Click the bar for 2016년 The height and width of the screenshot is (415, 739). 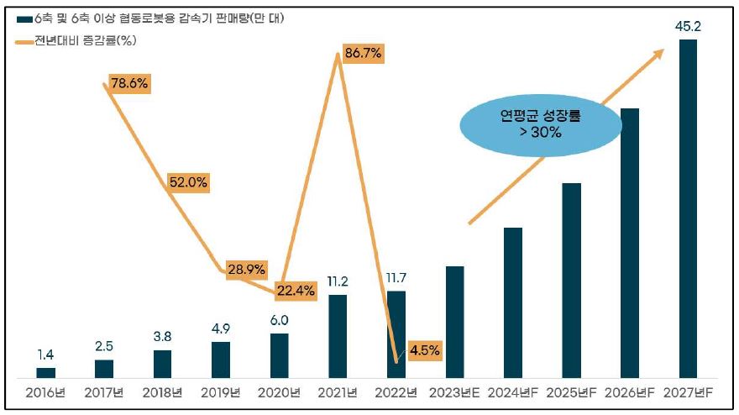pyautogui.click(x=46, y=372)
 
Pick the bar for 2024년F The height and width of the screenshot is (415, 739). pyautogui.click(x=512, y=302)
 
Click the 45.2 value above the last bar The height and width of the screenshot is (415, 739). pyautogui.click(x=688, y=27)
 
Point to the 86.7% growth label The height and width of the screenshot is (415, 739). pyautogui.click(x=363, y=54)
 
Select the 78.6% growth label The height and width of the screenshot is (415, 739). pyautogui.click(x=129, y=84)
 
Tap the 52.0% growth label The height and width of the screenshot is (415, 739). pyautogui.click(x=188, y=181)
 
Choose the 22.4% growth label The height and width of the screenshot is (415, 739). pyautogui.click(x=296, y=291)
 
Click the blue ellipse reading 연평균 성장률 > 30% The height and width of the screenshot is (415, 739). pyautogui.click(x=541, y=124)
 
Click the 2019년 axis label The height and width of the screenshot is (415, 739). pyautogui.click(x=221, y=392)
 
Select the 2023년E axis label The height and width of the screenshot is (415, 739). pyautogui.click(x=454, y=392)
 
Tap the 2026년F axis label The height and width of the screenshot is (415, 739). pyautogui.click(x=629, y=392)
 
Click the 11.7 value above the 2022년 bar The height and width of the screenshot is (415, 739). pyautogui.click(x=396, y=278)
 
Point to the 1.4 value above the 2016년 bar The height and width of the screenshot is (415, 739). pyautogui.click(x=46, y=355)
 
